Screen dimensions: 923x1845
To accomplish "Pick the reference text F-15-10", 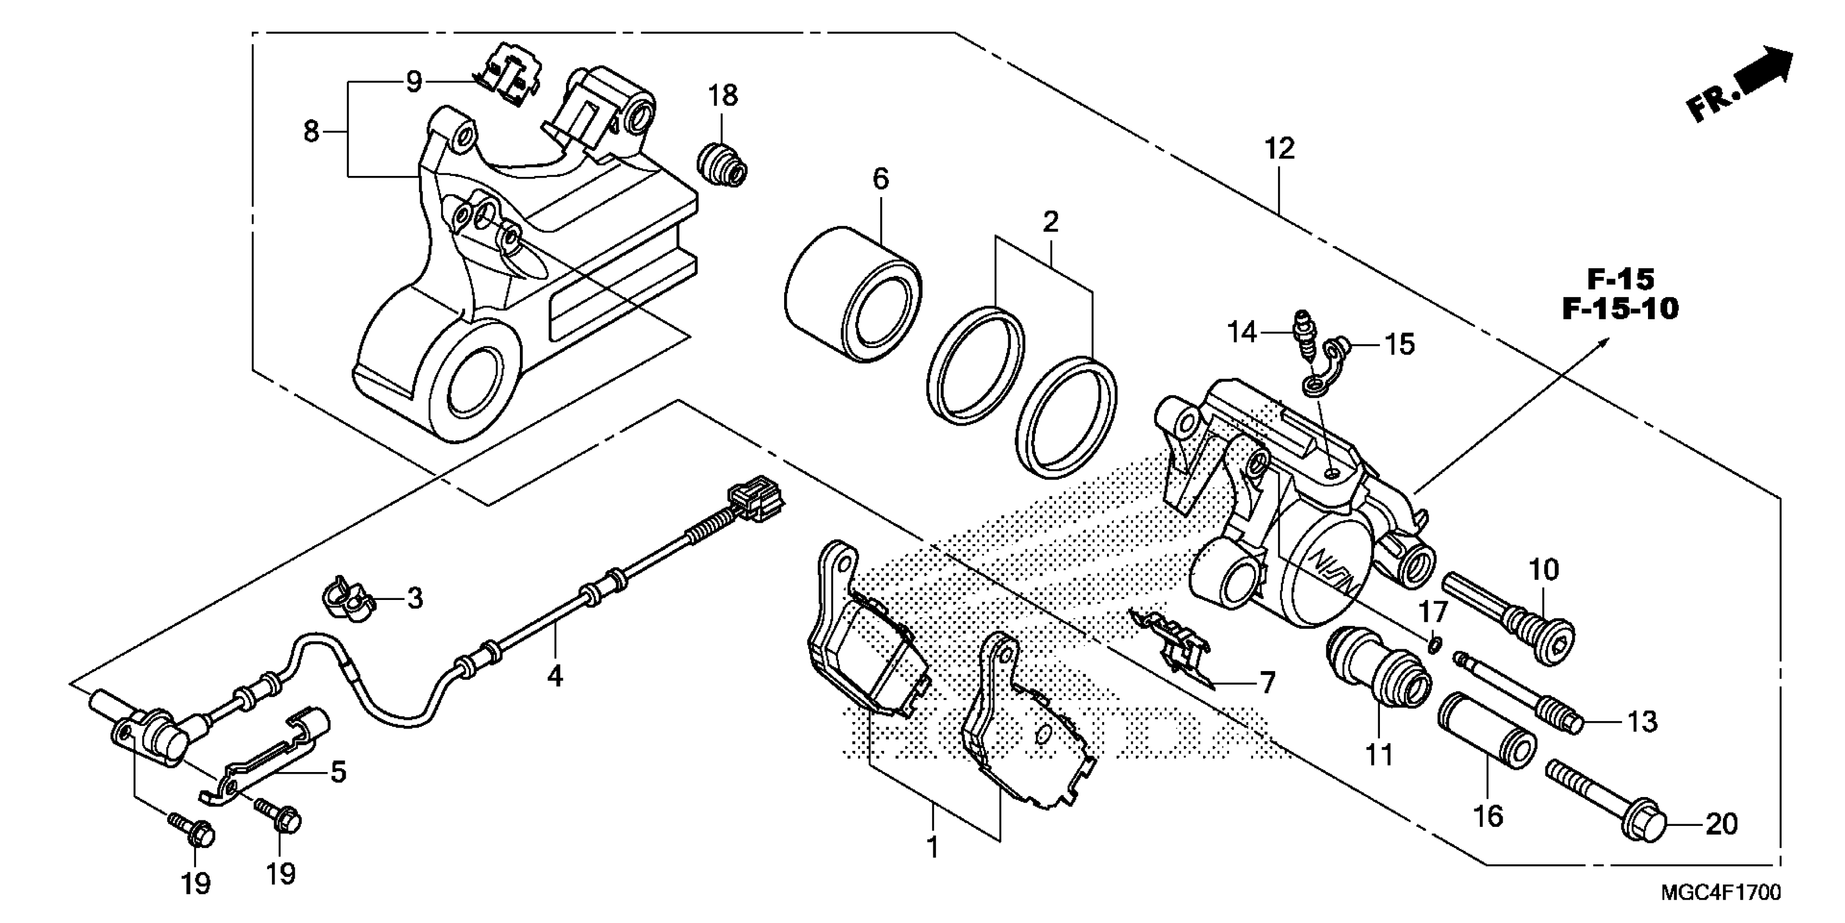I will click(1620, 309).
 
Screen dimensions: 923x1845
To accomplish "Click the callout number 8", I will click(311, 132).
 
